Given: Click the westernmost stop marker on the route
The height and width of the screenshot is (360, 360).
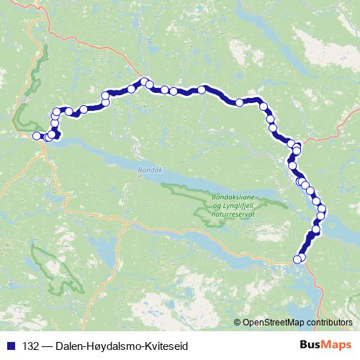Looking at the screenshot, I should pyautogui.click(x=37, y=135).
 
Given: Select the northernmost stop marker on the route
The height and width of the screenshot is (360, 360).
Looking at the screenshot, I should pyautogui.click(x=144, y=81).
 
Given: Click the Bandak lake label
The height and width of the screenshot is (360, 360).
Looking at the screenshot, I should pyautogui.click(x=145, y=171).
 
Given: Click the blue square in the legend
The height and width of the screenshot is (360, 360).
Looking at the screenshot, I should pyautogui.click(x=12, y=346).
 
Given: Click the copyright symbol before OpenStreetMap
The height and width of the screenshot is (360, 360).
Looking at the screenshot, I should pyautogui.click(x=238, y=322).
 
